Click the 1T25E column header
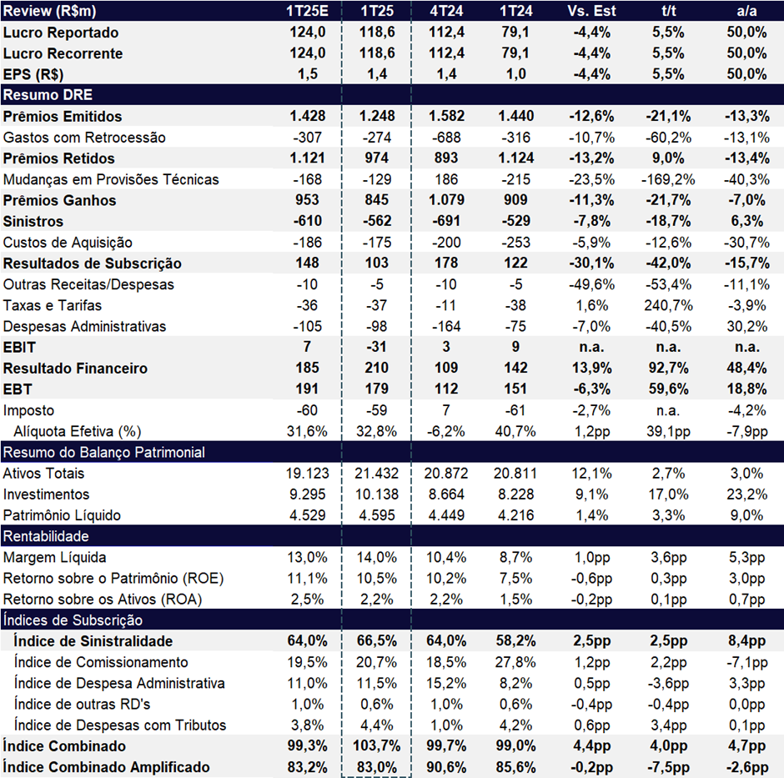[307, 11]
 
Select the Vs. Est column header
[591, 11]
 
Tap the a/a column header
[746, 11]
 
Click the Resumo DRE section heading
[48, 95]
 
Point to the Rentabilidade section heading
[46, 536]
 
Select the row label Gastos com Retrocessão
[84, 138]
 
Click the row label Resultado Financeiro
[75, 369]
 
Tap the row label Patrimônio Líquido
[62, 515]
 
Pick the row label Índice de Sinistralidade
[93, 641]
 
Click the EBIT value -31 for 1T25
[376, 347]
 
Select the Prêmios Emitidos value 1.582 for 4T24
[446, 116]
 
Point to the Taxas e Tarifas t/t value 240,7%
[668, 305]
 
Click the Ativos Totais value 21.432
[376, 474]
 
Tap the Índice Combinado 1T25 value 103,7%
[376, 746]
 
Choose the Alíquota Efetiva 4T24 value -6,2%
[446, 431]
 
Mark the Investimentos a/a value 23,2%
[746, 494]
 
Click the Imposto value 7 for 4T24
[446, 410]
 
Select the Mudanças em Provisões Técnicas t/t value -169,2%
[668, 179]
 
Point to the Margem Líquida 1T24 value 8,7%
[515, 558]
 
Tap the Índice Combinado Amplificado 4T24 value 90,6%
[446, 767]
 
